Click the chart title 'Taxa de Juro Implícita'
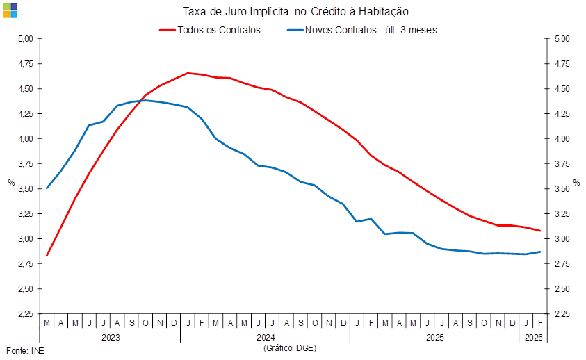pos(295,11)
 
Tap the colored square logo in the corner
pos(10,10)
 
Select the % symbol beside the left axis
pos(10,183)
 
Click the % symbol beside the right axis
pos(576,183)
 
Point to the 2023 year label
pos(111,337)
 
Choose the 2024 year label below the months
pos(265,337)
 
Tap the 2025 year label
pos(435,337)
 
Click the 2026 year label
pos(533,337)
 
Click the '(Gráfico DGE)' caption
pos(290,347)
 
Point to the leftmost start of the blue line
pos(47,188)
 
